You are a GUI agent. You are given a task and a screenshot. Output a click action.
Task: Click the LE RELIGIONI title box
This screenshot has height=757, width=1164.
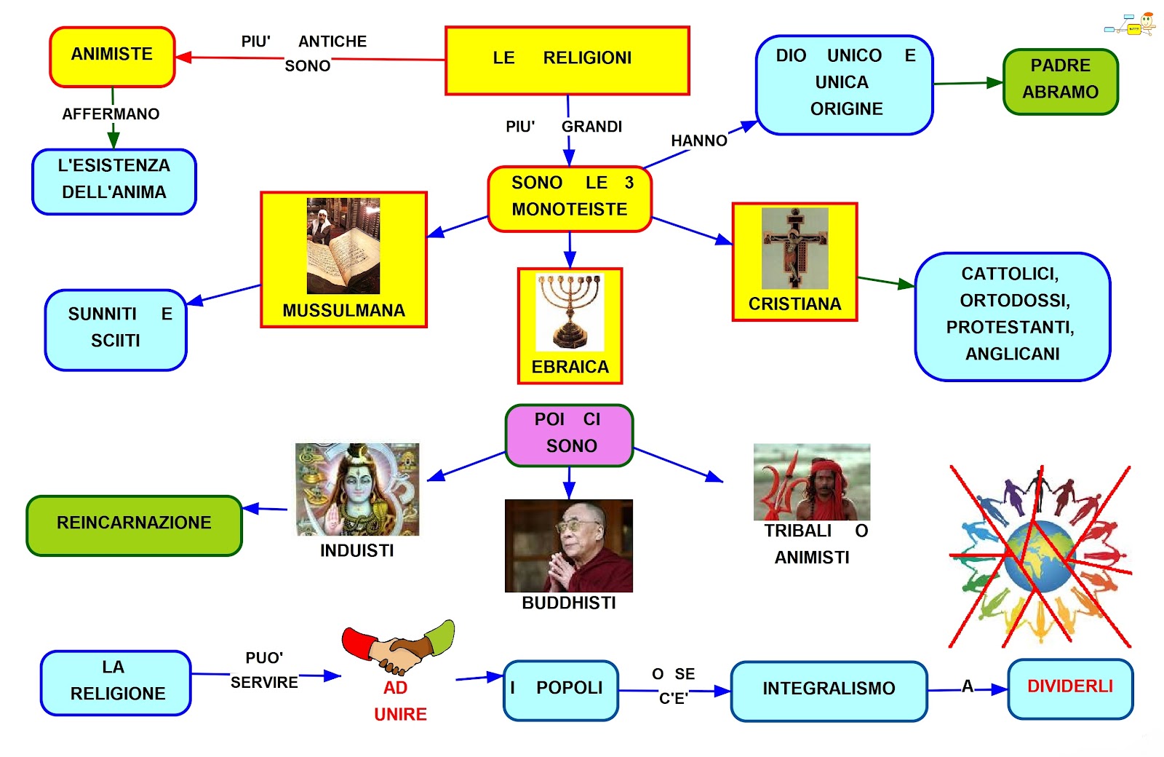tap(567, 60)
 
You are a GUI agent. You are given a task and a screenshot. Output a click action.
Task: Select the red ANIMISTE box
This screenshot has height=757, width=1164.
tap(112, 57)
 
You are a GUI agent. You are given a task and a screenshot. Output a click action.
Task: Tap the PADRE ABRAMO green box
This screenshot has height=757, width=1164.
tap(1060, 82)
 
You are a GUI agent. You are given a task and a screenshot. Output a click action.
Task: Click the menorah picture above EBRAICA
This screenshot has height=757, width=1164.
tap(570, 312)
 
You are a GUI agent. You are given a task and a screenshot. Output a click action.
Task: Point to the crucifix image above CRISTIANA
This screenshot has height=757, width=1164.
tap(794, 247)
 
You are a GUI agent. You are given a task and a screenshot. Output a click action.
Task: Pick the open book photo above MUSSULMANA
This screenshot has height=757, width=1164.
tap(343, 246)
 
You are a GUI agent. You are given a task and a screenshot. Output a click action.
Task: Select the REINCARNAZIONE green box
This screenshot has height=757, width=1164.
tap(134, 526)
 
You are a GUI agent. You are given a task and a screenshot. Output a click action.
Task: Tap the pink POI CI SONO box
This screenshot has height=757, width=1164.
tap(569, 435)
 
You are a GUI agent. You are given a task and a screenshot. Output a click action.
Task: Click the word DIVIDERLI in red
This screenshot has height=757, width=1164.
tap(1069, 686)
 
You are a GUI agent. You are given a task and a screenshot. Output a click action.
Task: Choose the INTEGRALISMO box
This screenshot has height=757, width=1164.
tap(829, 690)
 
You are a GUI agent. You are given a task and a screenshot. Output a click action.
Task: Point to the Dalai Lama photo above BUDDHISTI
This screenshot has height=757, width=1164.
tap(568, 545)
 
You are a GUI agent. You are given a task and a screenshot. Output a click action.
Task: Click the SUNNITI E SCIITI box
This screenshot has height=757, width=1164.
tap(116, 330)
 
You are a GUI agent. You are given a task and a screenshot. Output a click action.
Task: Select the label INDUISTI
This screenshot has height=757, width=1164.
tap(356, 551)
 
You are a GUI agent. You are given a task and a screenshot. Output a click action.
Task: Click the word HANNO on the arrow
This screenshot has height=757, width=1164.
tap(698, 140)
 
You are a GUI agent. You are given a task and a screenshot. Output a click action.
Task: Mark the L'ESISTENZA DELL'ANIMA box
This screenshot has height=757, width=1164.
tap(114, 181)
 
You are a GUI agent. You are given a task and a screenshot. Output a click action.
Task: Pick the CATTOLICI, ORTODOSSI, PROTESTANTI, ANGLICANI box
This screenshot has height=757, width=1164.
tap(1012, 316)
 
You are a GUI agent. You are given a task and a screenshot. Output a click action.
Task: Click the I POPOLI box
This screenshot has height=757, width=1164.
tap(560, 689)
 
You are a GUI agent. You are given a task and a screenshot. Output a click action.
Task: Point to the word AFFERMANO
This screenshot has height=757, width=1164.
tap(111, 114)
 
